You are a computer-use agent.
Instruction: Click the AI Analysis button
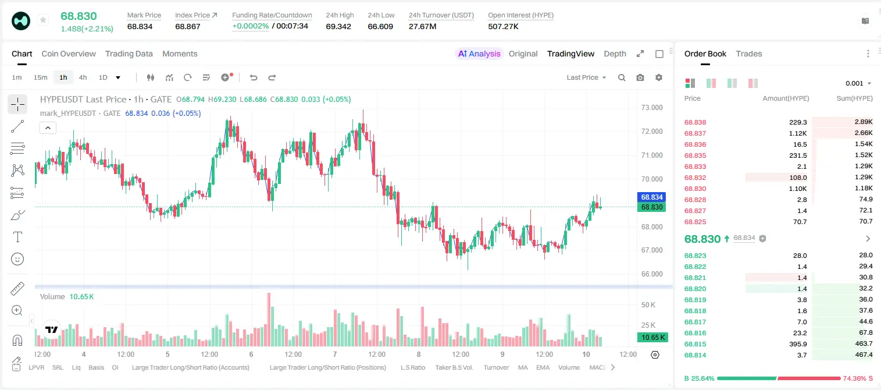(x=479, y=54)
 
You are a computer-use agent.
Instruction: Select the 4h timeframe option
(x=83, y=77)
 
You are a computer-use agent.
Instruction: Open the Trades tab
(x=749, y=54)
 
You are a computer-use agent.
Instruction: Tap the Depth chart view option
(x=615, y=54)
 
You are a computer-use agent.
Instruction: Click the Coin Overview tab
(x=69, y=54)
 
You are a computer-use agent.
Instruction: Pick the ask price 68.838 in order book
(x=695, y=122)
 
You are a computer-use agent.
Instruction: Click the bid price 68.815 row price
(x=695, y=344)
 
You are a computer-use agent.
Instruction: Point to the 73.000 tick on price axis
(x=652, y=108)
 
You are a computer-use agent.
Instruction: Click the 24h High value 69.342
(x=338, y=26)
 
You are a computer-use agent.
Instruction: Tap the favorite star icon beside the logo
(x=43, y=20)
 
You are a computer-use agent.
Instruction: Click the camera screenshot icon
(x=640, y=77)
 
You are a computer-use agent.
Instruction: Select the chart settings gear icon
(x=659, y=77)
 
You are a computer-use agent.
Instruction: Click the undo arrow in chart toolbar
(x=254, y=77)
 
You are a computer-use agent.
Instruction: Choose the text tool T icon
(x=17, y=237)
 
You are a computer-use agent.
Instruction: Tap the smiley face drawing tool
(x=17, y=259)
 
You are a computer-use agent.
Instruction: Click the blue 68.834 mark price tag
(x=651, y=197)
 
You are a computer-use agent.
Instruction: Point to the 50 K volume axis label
(x=648, y=304)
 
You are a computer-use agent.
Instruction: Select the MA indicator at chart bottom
(x=523, y=367)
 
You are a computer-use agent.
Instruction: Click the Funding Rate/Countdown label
(x=272, y=15)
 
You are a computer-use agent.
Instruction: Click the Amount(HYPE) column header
(x=786, y=98)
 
